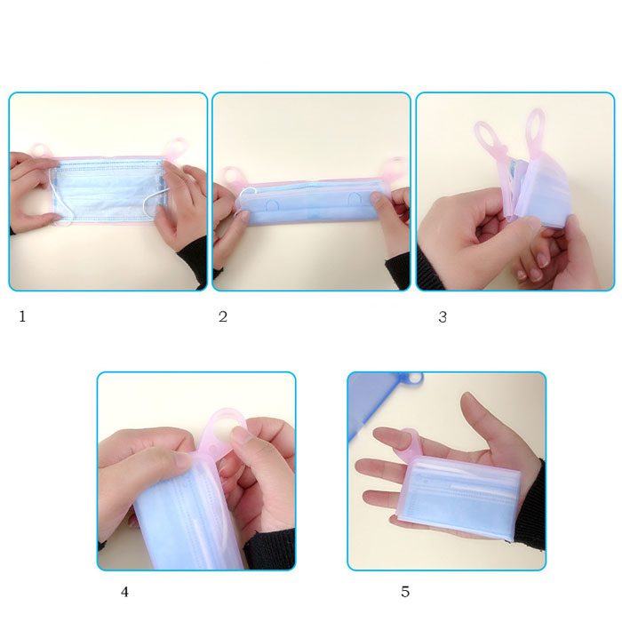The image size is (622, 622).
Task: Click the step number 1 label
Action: [x=22, y=316]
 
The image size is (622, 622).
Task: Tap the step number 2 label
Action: [x=223, y=316]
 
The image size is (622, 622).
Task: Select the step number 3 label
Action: [x=443, y=317]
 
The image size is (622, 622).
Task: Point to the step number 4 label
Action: [x=124, y=592]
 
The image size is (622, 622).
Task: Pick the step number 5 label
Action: [x=405, y=592]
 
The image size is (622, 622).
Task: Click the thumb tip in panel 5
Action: [x=467, y=397]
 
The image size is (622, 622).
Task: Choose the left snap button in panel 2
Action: [x=272, y=205]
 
